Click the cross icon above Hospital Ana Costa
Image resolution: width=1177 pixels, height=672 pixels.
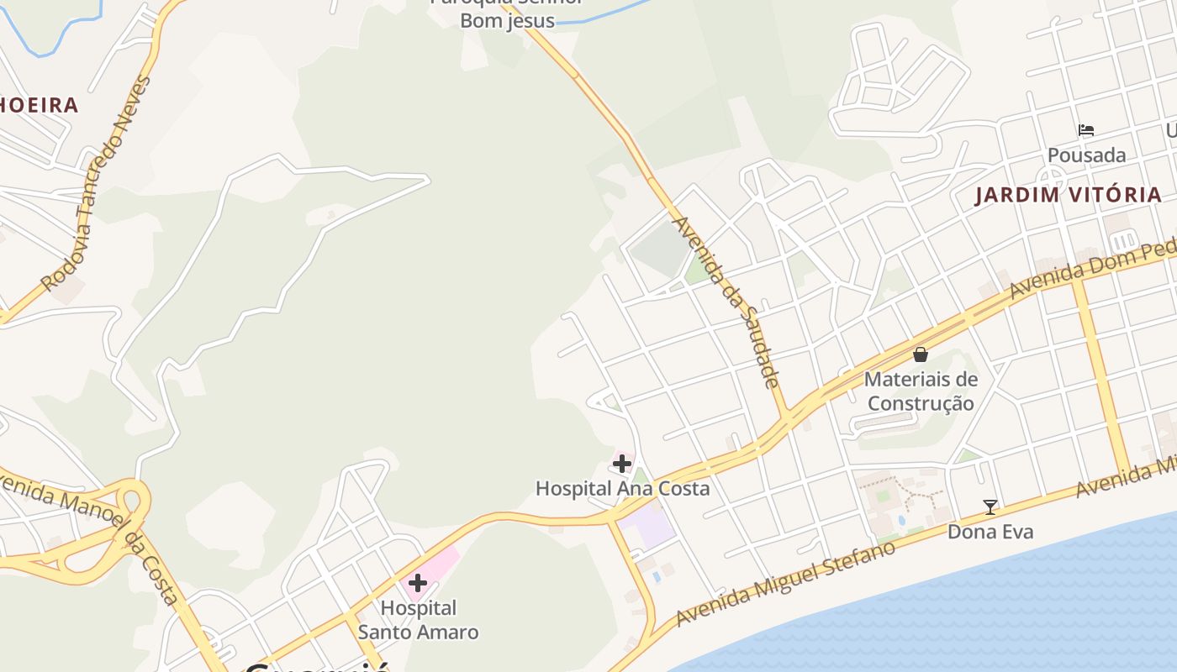[622, 464]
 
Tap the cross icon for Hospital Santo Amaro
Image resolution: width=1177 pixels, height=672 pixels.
[418, 583]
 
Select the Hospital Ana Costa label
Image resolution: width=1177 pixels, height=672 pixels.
[622, 488]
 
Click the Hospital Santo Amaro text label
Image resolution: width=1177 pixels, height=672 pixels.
[418, 619]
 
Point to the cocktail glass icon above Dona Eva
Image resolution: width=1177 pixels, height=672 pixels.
[990, 507]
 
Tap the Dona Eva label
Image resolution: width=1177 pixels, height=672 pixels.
[990, 532]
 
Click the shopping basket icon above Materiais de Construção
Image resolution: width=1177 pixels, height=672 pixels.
[921, 354]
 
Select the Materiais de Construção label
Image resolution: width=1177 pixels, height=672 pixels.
[921, 391]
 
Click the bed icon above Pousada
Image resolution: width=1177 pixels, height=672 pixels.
[1086, 130]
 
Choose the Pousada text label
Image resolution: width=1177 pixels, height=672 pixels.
[1086, 155]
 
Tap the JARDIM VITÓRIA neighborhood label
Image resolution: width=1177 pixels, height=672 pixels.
[1068, 196]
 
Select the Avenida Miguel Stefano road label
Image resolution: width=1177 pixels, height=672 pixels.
[786, 584]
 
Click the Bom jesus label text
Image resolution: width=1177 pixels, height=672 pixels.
[507, 20]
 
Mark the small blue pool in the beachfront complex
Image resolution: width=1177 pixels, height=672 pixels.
[901, 521]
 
